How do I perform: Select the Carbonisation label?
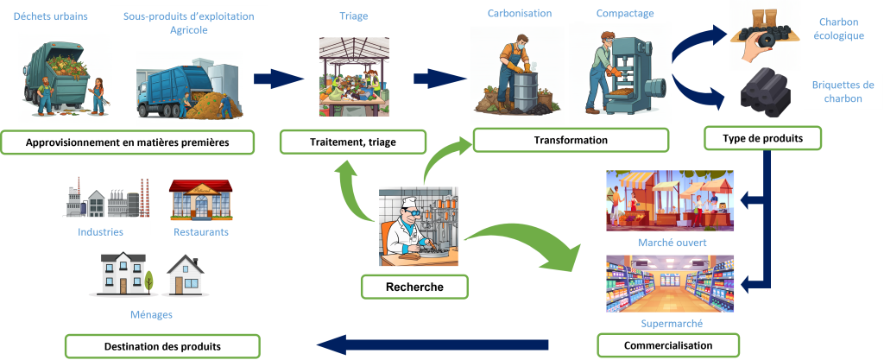[x=520, y=13]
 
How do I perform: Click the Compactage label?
[x=624, y=13]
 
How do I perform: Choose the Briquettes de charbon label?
[x=843, y=92]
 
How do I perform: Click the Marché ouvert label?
[x=672, y=243]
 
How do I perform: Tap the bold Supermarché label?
[x=671, y=324]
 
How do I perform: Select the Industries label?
[x=100, y=231]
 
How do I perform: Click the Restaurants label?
[x=200, y=231]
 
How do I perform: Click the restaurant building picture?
[x=200, y=199]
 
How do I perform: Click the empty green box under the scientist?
[x=414, y=287]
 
